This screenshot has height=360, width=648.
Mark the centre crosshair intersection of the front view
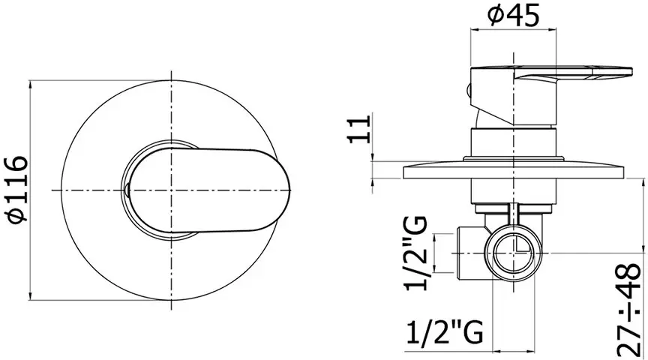(x=172, y=189)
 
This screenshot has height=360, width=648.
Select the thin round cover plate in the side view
(x=514, y=170)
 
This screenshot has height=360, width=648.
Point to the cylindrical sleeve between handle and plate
(x=514, y=142)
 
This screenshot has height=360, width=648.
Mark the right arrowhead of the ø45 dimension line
(x=556, y=30)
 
